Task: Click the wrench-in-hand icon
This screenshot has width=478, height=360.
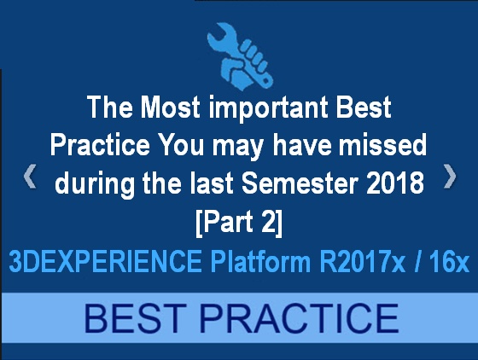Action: coord(240,56)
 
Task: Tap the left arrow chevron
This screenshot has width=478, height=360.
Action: coord(30,176)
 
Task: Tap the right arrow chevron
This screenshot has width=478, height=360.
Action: coord(450,176)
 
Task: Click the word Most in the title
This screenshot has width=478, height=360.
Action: coord(170,107)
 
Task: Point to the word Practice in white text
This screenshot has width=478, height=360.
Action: coord(100,145)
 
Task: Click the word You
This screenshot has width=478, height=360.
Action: coord(182,145)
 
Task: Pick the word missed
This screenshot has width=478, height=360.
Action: coord(383,144)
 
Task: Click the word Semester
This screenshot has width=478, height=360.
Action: coord(300,183)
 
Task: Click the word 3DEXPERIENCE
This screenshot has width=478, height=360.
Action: coord(105,261)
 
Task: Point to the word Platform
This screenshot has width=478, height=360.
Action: coord(260,261)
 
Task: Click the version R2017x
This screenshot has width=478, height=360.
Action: coord(363,261)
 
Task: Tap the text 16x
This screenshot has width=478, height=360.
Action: coord(449,261)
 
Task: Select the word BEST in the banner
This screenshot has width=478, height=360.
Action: coord(135,318)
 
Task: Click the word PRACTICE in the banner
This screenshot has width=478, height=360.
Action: coord(299,318)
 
